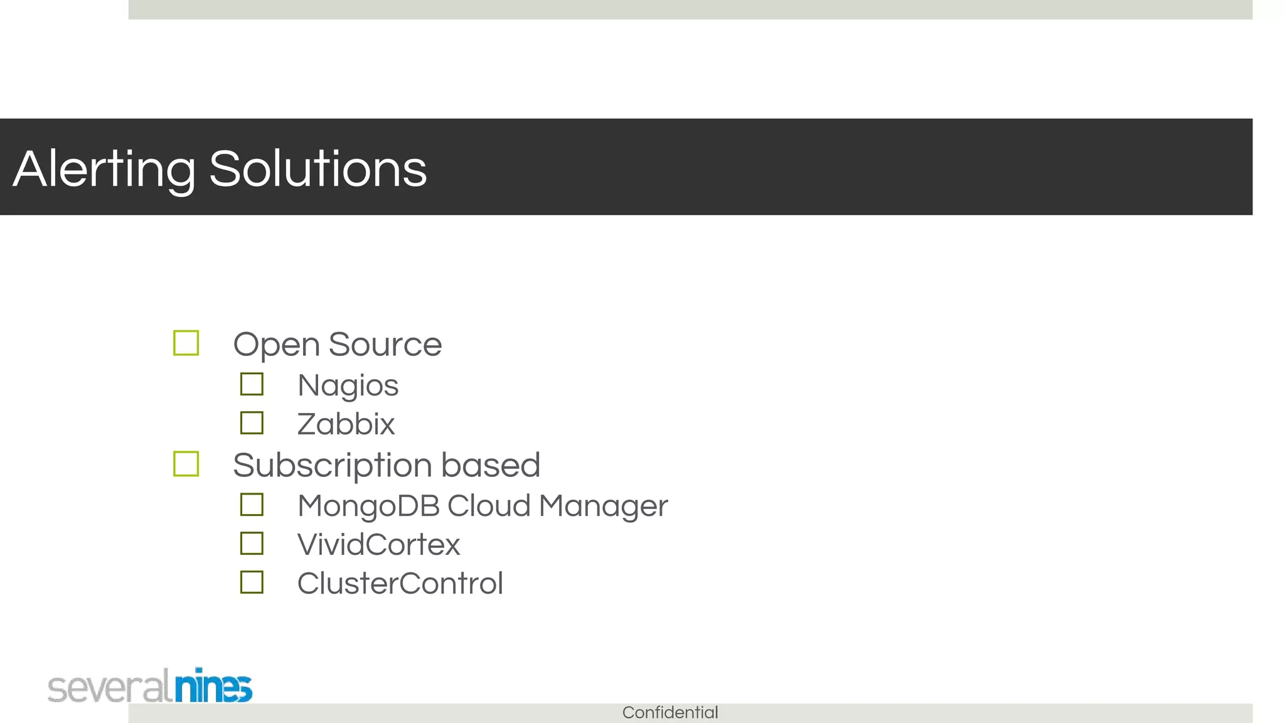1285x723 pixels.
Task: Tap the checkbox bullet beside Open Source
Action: [x=186, y=343]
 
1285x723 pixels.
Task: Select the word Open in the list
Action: [x=276, y=345]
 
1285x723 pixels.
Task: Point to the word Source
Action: [x=385, y=344]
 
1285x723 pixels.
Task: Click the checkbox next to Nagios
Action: [x=252, y=384]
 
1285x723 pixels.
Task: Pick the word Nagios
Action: [x=348, y=385]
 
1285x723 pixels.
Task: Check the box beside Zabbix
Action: [x=252, y=423]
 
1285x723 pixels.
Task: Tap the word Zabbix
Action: [x=346, y=424]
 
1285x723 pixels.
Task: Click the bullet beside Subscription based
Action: [x=186, y=464]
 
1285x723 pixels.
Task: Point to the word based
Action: [x=490, y=465]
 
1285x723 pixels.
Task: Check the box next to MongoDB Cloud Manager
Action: [x=252, y=505]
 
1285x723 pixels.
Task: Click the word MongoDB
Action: [x=368, y=506]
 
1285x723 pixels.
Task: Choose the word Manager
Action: [x=603, y=506]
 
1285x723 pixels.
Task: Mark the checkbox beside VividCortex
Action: [x=252, y=544]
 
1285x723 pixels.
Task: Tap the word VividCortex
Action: [x=378, y=545]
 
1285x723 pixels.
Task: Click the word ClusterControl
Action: [x=400, y=584]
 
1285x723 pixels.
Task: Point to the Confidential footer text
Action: [x=670, y=712]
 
